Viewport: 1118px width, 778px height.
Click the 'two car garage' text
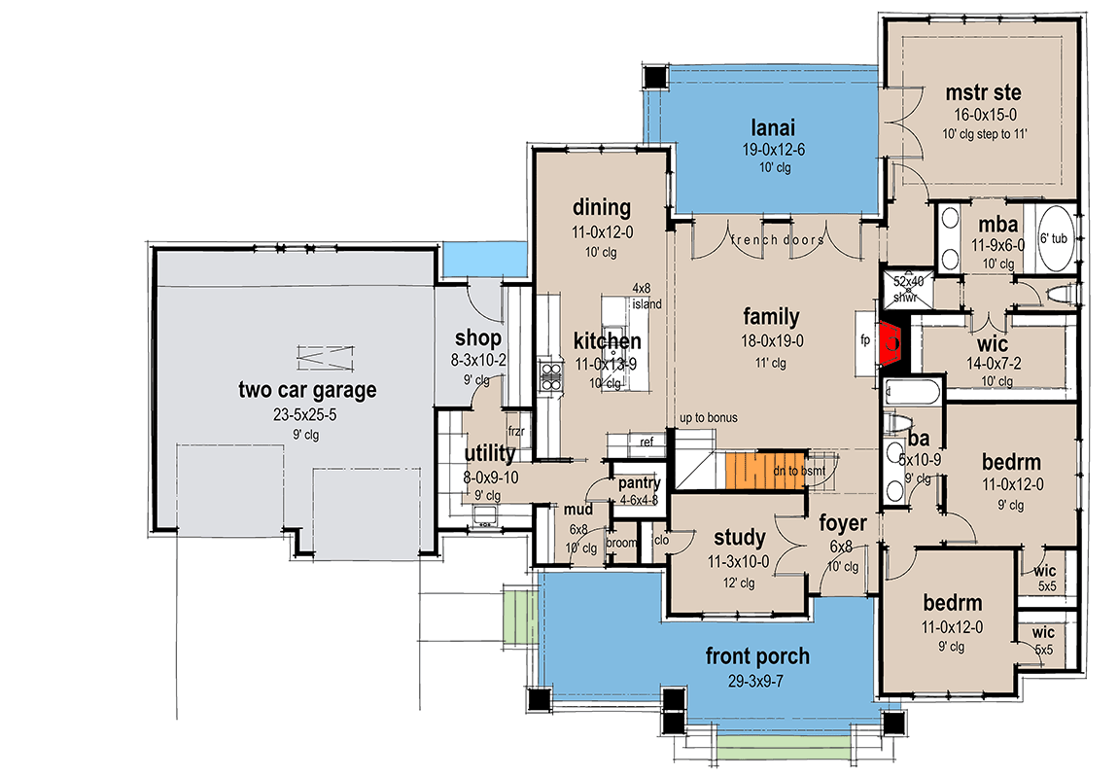(x=307, y=391)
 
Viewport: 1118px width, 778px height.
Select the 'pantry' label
(x=639, y=483)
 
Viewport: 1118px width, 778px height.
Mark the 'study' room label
(x=739, y=538)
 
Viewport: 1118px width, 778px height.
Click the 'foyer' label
(x=841, y=526)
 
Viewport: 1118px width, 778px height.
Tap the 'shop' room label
(x=478, y=338)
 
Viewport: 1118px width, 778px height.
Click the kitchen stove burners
(x=550, y=376)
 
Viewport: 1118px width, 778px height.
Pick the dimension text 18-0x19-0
(x=771, y=340)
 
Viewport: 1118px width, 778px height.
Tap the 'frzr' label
(x=516, y=429)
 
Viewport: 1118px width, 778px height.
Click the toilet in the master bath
(x=1063, y=294)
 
